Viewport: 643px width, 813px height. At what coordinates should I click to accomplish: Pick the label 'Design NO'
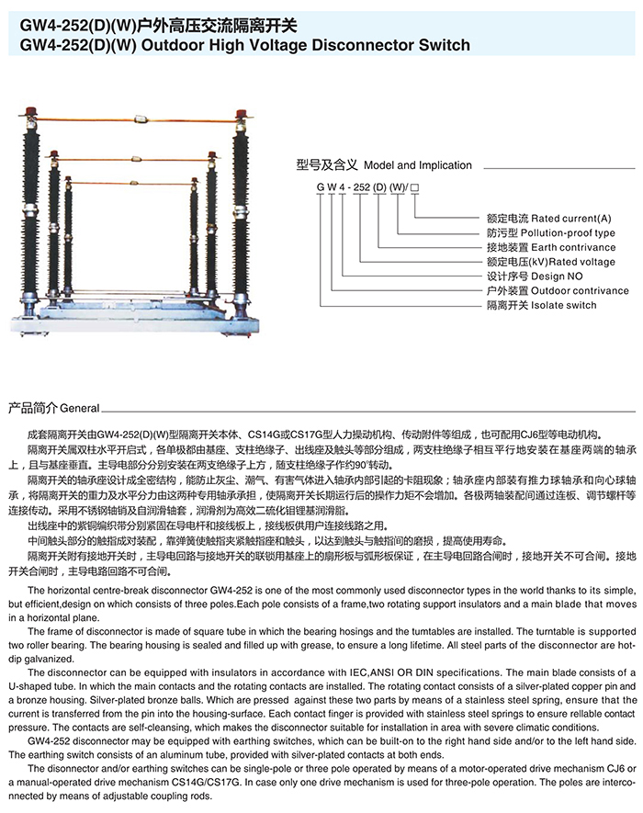pos(557,276)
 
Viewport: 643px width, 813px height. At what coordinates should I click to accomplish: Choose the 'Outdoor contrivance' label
pos(578,290)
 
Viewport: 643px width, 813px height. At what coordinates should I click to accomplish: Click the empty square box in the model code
pos(416,187)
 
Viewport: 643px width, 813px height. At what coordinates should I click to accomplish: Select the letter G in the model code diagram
pos(321,187)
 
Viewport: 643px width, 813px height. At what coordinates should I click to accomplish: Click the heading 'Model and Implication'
pos(418,165)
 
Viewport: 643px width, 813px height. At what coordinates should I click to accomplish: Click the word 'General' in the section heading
pos(80,406)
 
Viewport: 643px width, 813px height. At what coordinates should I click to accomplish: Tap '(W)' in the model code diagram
pos(398,187)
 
